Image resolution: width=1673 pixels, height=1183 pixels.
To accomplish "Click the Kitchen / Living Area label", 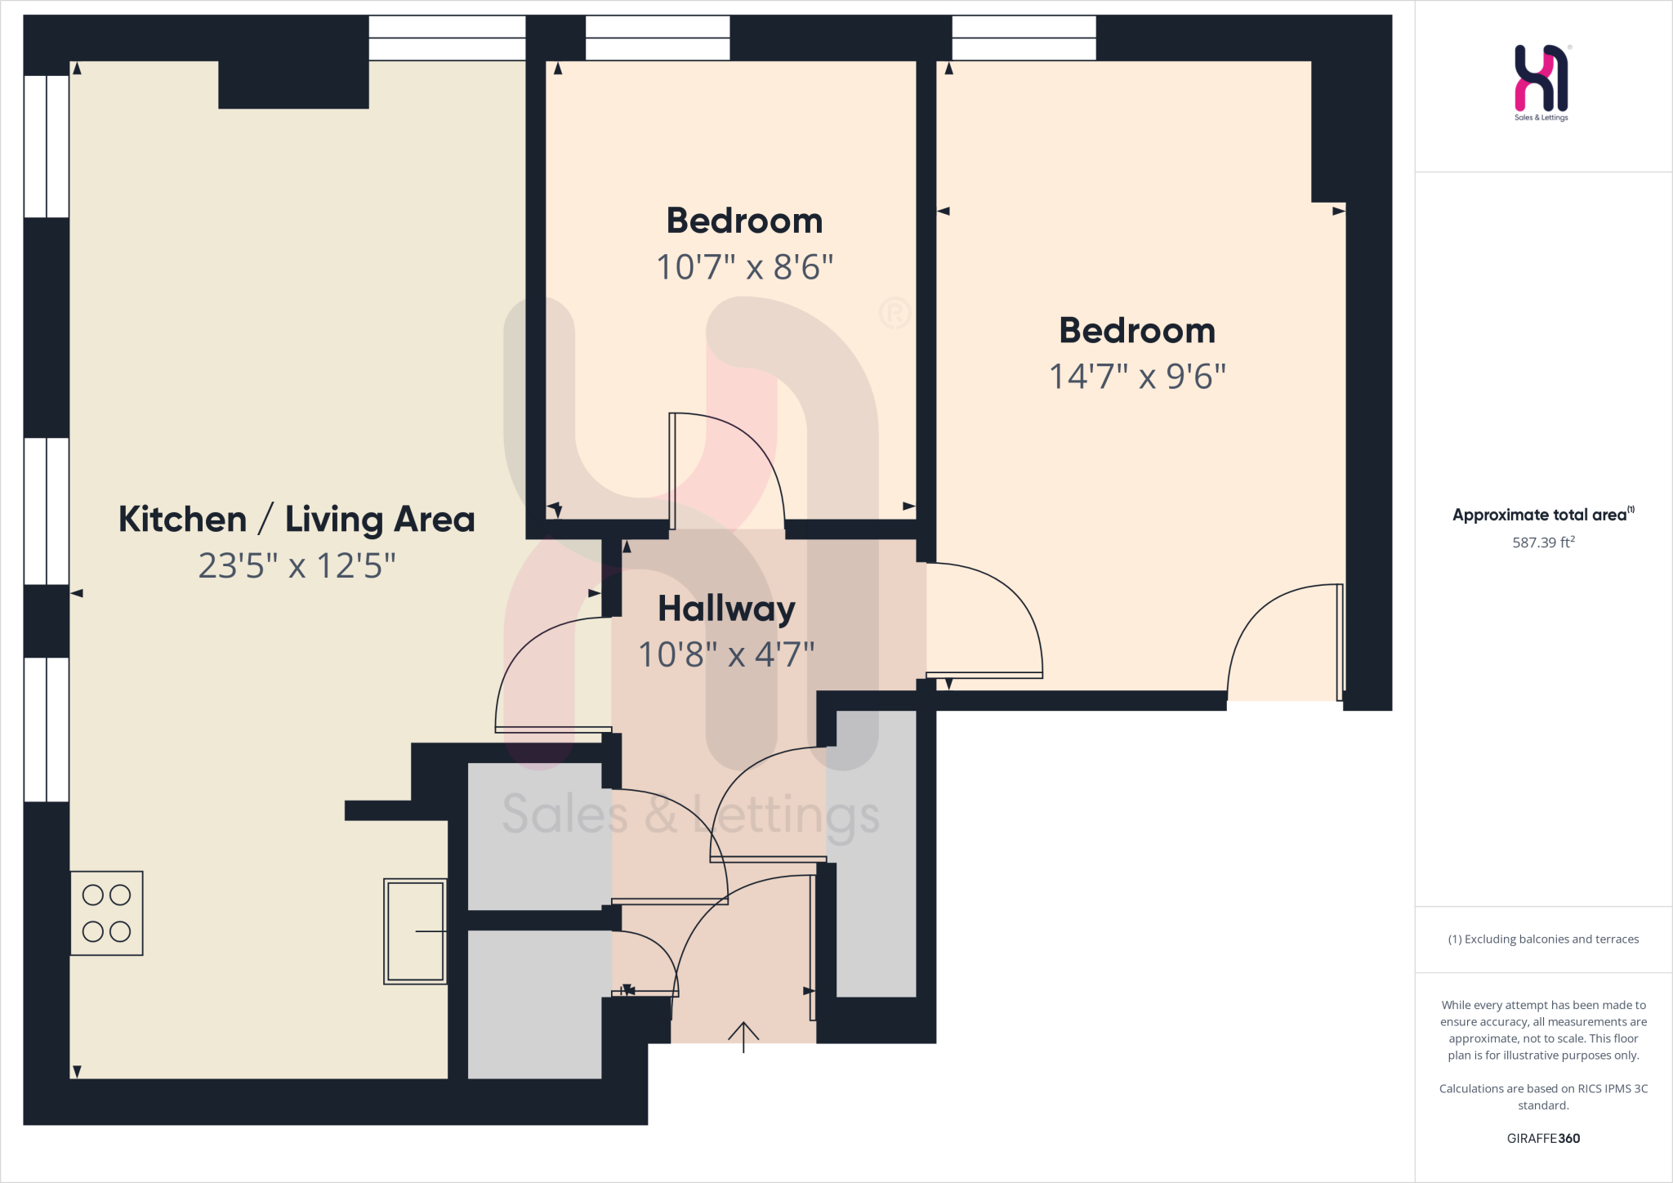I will point(297,520).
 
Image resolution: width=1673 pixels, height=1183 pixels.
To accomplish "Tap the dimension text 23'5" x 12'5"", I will point(297,565).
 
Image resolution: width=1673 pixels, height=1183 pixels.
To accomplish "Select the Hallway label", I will point(726,609).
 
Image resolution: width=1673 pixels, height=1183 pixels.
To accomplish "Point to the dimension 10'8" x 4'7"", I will point(726,654).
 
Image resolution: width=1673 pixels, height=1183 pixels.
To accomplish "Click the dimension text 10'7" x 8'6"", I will point(744,267).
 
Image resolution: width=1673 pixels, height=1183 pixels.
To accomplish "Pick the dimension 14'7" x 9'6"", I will point(1137,377).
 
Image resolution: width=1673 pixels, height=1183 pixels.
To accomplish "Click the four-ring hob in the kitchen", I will point(106,913).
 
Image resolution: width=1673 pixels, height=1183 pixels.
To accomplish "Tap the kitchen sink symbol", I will point(415,931).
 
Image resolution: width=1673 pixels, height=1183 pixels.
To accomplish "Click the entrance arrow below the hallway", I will point(743,1036).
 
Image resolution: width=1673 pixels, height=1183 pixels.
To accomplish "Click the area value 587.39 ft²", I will point(1543,542).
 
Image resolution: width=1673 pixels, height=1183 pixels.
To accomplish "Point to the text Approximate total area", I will point(1540,515).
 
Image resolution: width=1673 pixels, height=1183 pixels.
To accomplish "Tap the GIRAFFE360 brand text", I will point(1543,1138).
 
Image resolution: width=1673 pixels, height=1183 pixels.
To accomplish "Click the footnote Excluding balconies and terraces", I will point(1543,940).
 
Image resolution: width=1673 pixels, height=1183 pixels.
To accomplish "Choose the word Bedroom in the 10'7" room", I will point(744,221).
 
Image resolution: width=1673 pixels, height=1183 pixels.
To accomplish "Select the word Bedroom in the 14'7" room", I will point(1137,331).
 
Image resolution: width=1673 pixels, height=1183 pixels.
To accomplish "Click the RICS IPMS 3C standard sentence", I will point(1543,1096).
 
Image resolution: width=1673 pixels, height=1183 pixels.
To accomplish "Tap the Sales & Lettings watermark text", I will point(690,815).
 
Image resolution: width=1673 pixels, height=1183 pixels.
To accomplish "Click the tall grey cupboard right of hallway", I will point(876,854).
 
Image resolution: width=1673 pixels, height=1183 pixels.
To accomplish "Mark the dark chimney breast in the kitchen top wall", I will point(293,84).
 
